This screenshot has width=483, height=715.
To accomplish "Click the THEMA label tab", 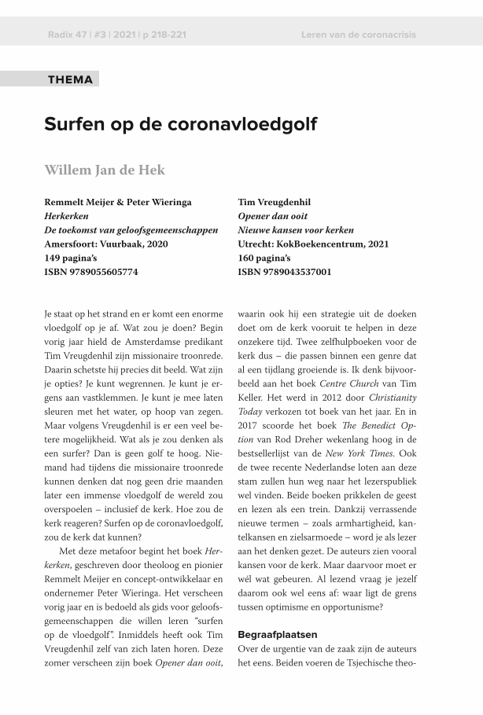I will pos(70,79).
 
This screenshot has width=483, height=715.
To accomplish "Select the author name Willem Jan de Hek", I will pos(105,170).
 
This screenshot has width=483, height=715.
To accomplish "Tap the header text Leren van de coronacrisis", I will pos(358,35).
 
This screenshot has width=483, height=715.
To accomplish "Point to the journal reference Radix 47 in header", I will pos(67,35).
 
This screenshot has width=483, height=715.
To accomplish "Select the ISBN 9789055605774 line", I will pos(91,272).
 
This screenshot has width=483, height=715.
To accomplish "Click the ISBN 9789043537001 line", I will pos(284,272).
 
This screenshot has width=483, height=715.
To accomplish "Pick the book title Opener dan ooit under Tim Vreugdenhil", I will pos(272,216).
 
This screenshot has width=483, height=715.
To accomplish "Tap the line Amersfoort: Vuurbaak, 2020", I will pos(106,244).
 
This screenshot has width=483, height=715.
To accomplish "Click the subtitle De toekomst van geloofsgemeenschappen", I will pos(131,230).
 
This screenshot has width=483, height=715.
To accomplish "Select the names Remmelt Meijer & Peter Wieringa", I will pos(118,202).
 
